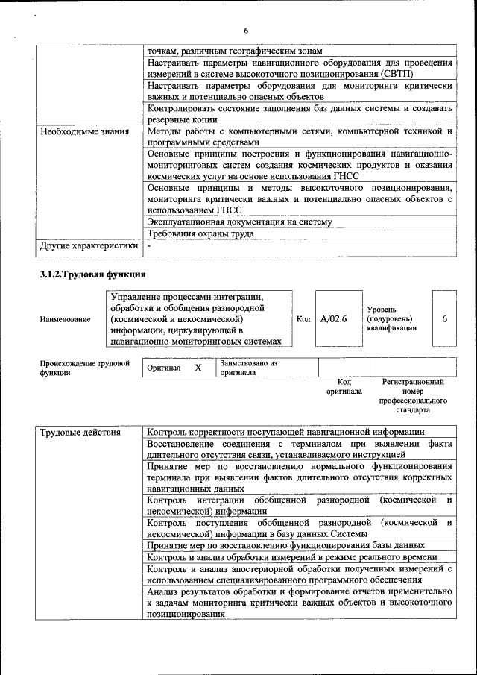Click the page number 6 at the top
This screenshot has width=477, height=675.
click(x=245, y=30)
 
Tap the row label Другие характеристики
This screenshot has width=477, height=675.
click(x=89, y=245)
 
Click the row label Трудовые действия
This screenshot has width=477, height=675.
click(x=81, y=432)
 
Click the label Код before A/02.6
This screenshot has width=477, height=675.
click(x=303, y=318)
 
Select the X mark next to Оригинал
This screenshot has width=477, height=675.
click(x=198, y=368)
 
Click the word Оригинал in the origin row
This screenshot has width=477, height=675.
click(x=163, y=368)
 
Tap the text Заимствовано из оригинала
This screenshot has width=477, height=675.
click(x=248, y=367)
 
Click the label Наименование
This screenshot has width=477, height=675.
click(x=66, y=319)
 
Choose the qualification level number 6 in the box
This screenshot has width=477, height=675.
click(x=444, y=318)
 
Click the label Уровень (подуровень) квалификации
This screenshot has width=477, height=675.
click(x=391, y=318)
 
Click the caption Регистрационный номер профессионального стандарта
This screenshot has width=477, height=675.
click(x=412, y=396)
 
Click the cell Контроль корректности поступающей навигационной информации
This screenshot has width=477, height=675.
click(x=286, y=432)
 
